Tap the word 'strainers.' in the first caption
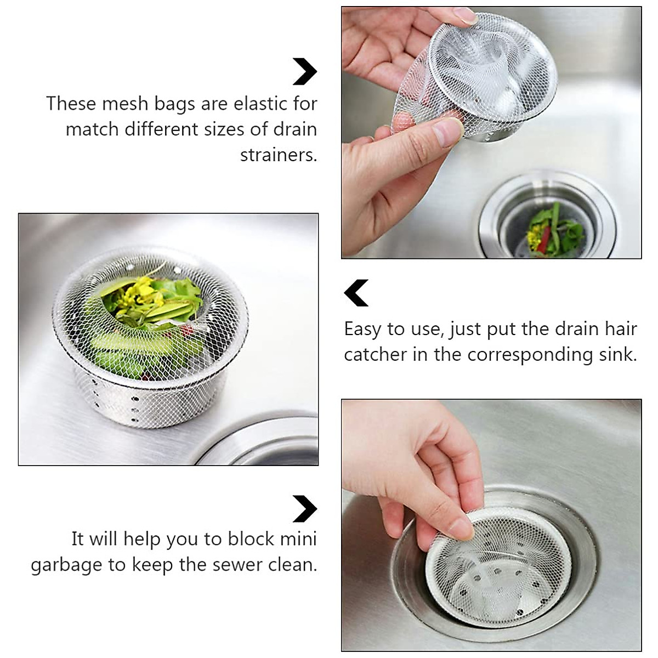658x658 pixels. pos(279,155)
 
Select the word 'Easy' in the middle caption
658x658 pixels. pos(363,329)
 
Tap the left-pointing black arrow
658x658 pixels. pos(356,293)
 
